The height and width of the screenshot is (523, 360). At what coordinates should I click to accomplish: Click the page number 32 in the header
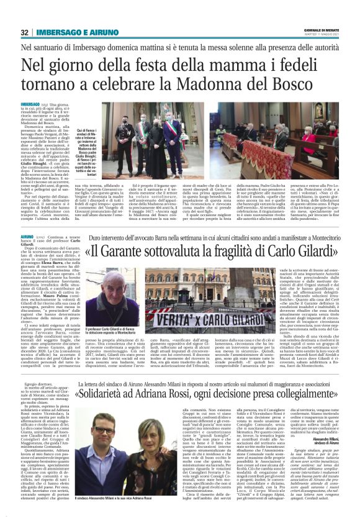(25, 32)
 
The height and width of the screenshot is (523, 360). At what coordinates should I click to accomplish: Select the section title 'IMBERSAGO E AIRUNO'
(70, 32)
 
